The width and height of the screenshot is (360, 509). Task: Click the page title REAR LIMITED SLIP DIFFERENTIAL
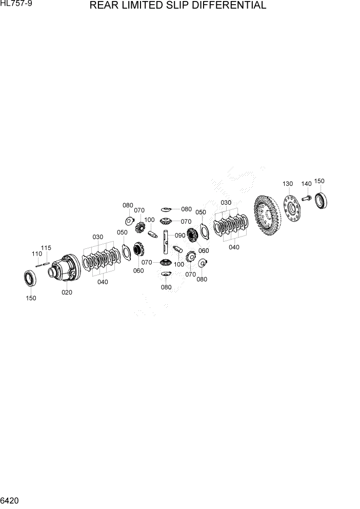(177, 6)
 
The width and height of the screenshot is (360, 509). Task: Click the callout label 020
(67, 292)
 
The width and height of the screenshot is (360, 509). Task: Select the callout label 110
(37, 254)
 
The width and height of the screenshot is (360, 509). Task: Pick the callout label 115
(46, 248)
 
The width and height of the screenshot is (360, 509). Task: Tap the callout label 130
(287, 184)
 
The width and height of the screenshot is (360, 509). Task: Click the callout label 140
(306, 184)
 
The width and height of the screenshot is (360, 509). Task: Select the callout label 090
(179, 236)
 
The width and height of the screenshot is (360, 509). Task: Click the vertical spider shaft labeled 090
(167, 241)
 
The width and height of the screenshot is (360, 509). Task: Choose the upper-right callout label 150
(319, 181)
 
